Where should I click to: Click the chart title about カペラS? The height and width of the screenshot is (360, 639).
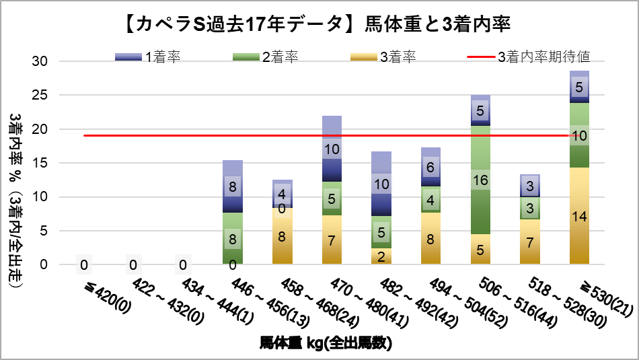pyautogui.click(x=319, y=25)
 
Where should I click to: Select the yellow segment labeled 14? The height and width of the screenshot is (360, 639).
pyautogui.click(x=579, y=215)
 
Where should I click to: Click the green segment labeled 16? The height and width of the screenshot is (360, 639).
pyautogui.click(x=480, y=180)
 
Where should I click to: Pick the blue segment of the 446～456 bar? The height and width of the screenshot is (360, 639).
pyautogui.click(x=232, y=186)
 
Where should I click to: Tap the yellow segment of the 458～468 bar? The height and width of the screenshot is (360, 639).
pyautogui.click(x=282, y=236)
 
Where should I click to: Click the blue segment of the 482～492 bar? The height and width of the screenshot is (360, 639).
pyautogui.click(x=381, y=184)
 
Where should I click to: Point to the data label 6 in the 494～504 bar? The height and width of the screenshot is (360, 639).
pyautogui.click(x=430, y=167)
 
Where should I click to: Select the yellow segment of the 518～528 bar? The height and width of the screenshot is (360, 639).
pyautogui.click(x=529, y=242)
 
